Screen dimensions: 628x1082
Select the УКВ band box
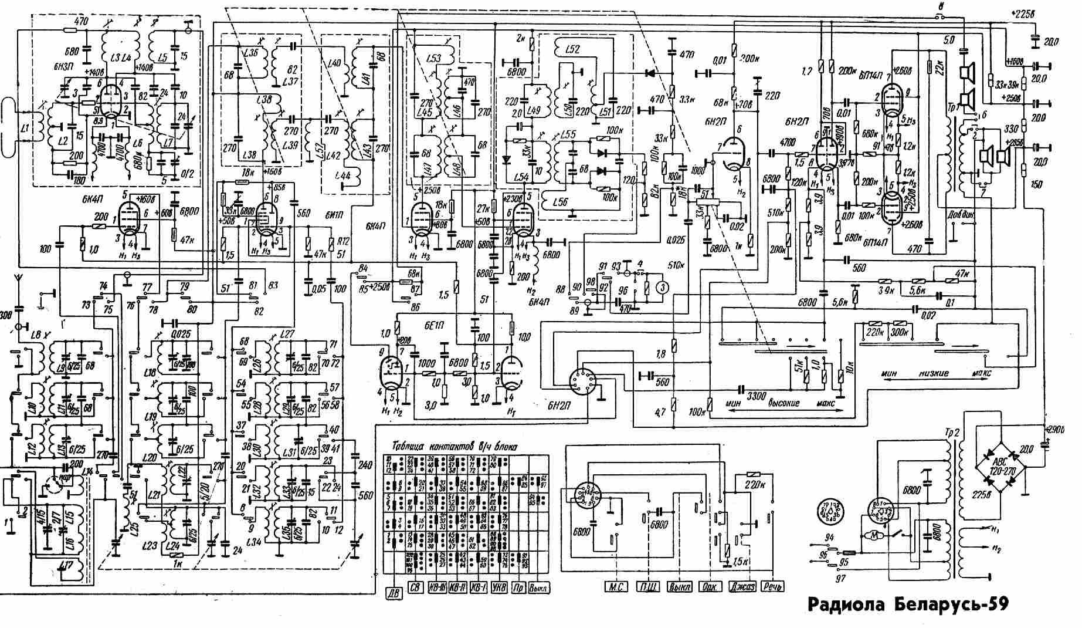click(500, 587)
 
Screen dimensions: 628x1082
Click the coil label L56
click(561, 202)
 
